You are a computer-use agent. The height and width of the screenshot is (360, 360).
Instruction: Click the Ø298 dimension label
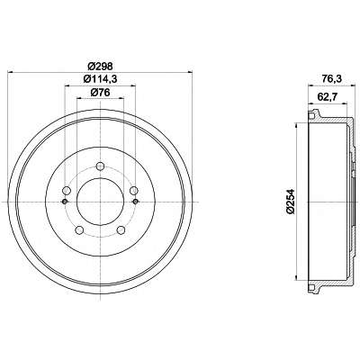tap(100, 66)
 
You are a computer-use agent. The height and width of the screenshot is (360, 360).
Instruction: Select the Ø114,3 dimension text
tap(100, 79)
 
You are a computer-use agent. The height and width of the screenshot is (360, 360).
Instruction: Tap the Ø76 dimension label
tap(100, 93)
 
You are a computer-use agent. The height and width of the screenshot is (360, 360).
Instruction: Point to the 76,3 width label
tap(328, 79)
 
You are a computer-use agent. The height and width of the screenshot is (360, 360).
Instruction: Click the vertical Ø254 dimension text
tap(291, 202)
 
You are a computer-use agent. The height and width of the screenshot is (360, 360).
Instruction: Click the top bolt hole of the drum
tap(100, 166)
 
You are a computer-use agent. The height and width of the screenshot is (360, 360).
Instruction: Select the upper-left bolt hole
tap(67, 190)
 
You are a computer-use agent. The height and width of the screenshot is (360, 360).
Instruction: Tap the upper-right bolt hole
tap(134, 190)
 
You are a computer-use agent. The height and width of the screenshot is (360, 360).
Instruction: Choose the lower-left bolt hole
tap(79, 230)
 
